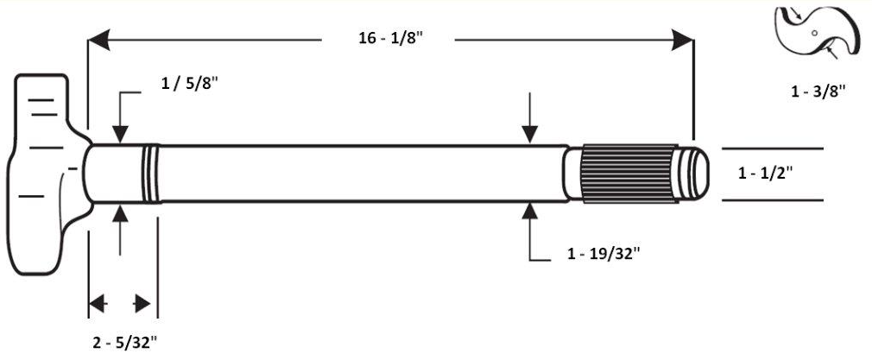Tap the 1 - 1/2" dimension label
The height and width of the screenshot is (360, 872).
(765, 173)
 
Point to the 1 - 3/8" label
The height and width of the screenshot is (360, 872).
(818, 91)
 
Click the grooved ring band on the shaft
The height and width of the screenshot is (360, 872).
(152, 174)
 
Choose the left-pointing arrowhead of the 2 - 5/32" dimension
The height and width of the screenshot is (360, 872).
(97, 304)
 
